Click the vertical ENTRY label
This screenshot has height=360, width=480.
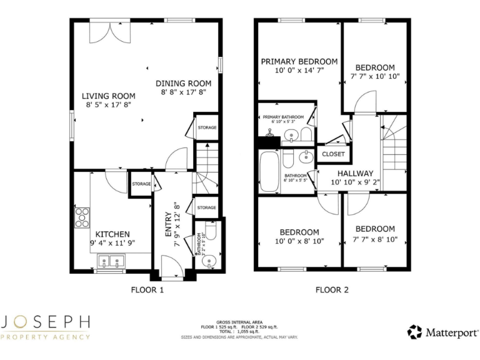168,224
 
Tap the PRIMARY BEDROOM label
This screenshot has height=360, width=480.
299,61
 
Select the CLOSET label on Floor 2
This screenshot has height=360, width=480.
333,153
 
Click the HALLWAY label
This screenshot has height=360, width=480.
355,173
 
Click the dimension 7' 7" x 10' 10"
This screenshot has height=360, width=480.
375,76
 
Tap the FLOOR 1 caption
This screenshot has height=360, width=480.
147,290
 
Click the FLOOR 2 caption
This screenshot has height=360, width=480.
332,290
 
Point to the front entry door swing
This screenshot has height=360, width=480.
172,265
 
